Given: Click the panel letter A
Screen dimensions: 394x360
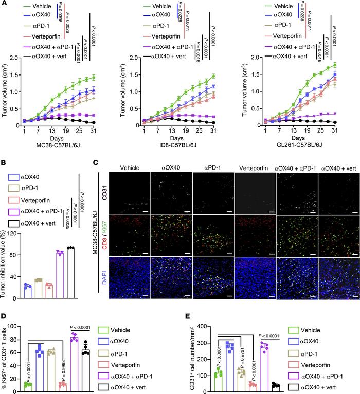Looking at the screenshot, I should pos(5,4).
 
